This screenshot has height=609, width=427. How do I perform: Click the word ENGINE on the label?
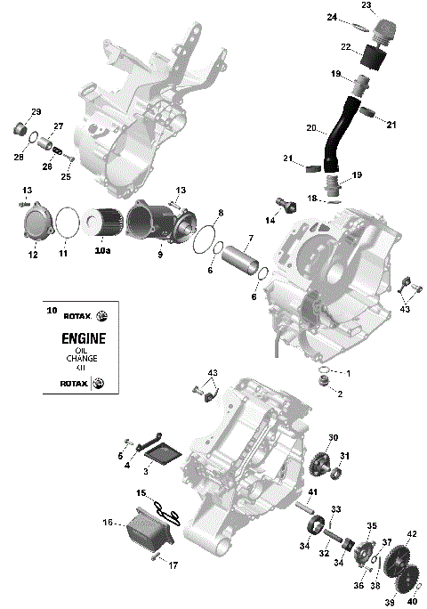tap(84, 338)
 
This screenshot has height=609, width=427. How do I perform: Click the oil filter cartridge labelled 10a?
tap(104, 223)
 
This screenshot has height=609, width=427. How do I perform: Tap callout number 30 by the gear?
tap(334, 438)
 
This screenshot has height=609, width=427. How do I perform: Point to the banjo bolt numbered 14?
tap(286, 205)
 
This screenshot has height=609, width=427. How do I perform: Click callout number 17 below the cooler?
tap(173, 564)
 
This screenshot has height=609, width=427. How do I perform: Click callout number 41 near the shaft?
tap(312, 492)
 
